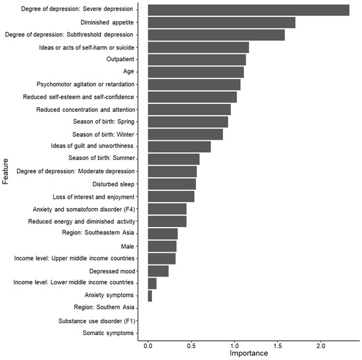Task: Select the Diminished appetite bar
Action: pos(221,22)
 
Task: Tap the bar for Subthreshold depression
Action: pos(216,35)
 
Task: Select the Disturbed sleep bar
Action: pos(172,184)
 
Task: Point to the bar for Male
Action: pos(162,246)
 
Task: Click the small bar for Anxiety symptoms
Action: pos(150,296)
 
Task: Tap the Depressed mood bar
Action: pos(158,271)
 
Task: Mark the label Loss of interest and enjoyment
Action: pos(93,196)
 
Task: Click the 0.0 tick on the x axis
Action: pos(148,346)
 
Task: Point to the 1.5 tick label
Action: pos(278,346)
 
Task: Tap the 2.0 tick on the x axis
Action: pos(321,346)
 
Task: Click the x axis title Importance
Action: pos(249,354)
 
